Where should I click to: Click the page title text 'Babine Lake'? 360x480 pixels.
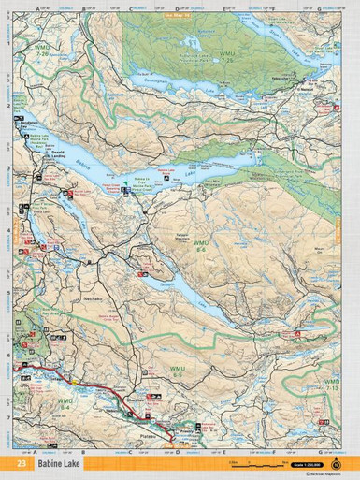[59, 463]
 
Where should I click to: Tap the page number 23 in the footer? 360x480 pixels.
[21, 463]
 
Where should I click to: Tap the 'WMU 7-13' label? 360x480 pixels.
[332, 385]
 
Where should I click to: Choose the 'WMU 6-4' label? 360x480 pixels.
[64, 404]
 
